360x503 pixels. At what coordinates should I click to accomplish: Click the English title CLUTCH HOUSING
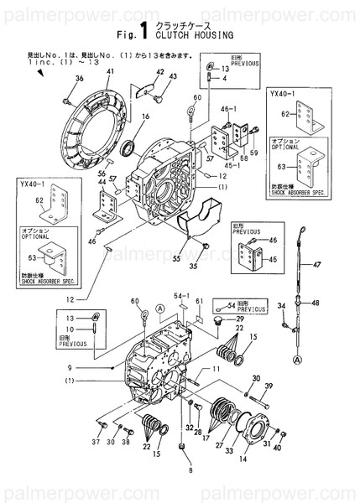click(x=190, y=36)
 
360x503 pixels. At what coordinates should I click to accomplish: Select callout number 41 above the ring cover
click(x=110, y=74)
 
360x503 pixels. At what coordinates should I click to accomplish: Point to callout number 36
click(x=80, y=79)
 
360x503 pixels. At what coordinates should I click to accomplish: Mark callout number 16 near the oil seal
click(x=144, y=117)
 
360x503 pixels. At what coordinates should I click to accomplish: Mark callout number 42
click(x=157, y=72)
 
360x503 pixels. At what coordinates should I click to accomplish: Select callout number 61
click(x=199, y=301)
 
